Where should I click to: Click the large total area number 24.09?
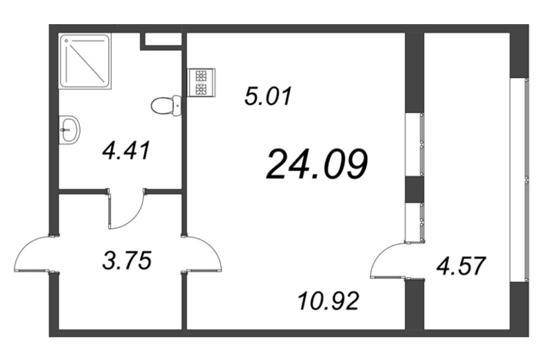click(x=316, y=165)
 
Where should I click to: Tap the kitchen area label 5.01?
click(x=269, y=94)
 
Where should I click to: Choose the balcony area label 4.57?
click(x=461, y=264)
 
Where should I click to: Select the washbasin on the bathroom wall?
click(x=70, y=129)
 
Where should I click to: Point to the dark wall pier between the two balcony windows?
click(x=414, y=188)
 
